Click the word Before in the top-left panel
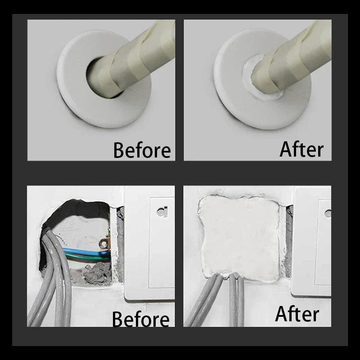pyautogui.click(x=142, y=150)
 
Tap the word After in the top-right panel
pyautogui.click(x=301, y=149)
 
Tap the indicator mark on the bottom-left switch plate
pyautogui.click(x=161, y=211)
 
